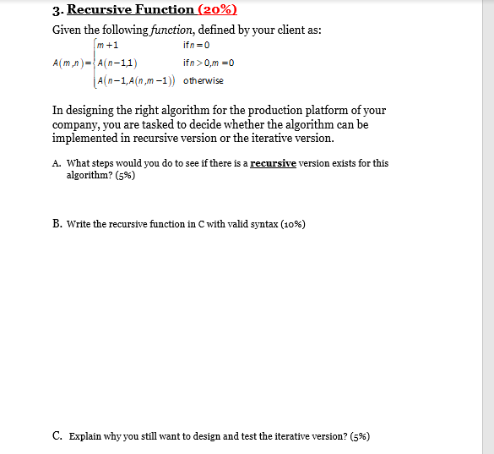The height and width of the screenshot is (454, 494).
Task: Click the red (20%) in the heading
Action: (217, 10)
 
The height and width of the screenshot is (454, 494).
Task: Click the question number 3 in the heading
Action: (56, 10)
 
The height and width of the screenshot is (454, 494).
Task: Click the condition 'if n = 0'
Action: (196, 45)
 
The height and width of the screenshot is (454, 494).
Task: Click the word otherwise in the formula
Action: (204, 80)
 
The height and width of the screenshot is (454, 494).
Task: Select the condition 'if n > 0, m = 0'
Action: (208, 63)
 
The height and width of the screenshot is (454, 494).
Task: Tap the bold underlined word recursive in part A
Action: (273, 163)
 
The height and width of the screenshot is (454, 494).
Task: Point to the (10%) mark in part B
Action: (290, 224)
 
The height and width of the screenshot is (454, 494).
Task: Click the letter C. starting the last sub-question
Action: (57, 436)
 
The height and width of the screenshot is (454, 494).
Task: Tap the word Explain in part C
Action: (84, 436)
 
